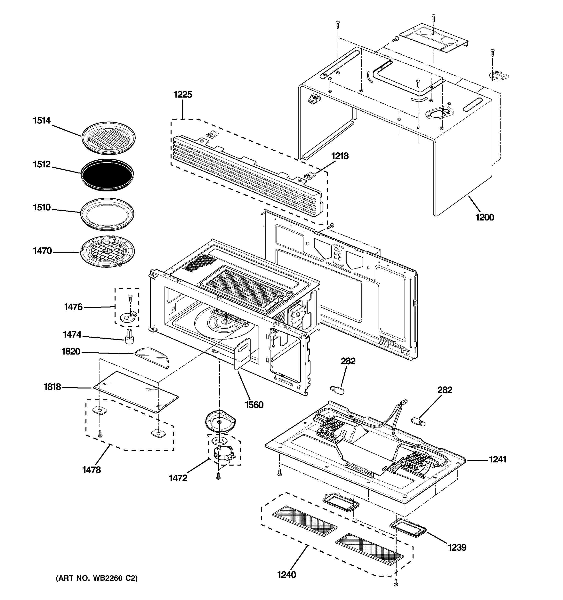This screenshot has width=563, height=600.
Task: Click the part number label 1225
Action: click(x=182, y=95)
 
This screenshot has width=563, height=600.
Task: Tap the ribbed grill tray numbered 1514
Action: click(x=108, y=138)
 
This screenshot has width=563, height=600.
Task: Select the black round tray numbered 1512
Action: click(x=107, y=175)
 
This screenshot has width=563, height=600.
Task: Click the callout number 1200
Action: click(x=484, y=217)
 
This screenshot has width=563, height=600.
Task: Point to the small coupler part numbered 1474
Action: click(x=130, y=336)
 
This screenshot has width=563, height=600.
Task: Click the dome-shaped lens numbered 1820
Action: click(x=152, y=357)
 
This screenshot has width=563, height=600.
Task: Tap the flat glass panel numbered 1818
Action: click(x=135, y=391)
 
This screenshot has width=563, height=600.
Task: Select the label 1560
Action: click(x=254, y=405)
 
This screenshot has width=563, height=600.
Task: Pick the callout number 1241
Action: click(x=497, y=459)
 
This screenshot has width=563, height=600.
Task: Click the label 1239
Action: click(x=457, y=547)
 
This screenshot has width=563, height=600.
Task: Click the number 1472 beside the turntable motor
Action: click(x=178, y=478)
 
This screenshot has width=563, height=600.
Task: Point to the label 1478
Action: click(x=92, y=469)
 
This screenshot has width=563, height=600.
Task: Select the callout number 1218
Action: click(x=340, y=156)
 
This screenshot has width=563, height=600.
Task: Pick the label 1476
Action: click(x=73, y=307)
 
